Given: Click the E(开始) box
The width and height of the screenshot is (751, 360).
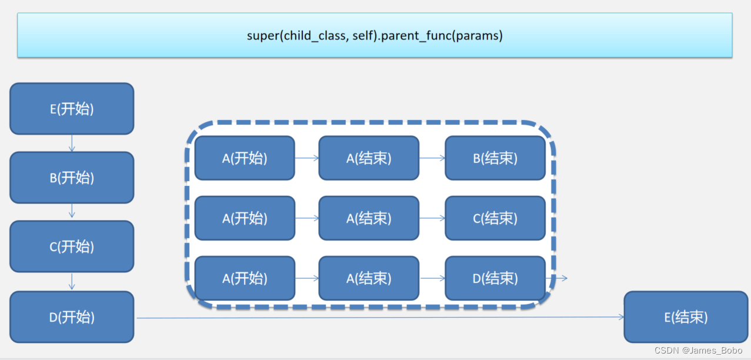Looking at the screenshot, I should [72, 109].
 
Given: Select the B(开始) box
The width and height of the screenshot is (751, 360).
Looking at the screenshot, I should [72, 178].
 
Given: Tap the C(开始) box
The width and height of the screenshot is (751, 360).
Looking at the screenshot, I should [72, 246].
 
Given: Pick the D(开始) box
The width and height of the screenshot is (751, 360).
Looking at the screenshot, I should [72, 317].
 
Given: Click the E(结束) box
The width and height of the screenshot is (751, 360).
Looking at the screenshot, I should [686, 317].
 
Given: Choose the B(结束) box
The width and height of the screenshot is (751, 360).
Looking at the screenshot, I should [495, 158].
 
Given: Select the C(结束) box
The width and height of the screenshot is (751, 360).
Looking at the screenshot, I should [495, 218].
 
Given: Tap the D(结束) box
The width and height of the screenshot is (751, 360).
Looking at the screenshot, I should [495, 278].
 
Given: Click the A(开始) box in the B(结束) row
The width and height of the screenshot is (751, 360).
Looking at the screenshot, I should [245, 158].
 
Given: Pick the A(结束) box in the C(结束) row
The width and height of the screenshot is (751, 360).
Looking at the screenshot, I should [369, 218].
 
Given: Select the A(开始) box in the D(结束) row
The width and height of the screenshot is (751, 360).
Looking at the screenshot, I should [245, 278].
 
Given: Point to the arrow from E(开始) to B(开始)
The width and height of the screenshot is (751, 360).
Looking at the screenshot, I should [72, 143].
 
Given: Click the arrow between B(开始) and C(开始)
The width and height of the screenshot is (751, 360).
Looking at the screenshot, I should [72, 212].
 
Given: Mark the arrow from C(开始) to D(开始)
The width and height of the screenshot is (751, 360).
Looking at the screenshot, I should [72, 281].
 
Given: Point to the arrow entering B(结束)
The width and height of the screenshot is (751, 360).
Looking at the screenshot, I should [432, 158].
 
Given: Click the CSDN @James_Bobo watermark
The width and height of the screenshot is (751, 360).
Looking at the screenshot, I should [706, 351].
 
